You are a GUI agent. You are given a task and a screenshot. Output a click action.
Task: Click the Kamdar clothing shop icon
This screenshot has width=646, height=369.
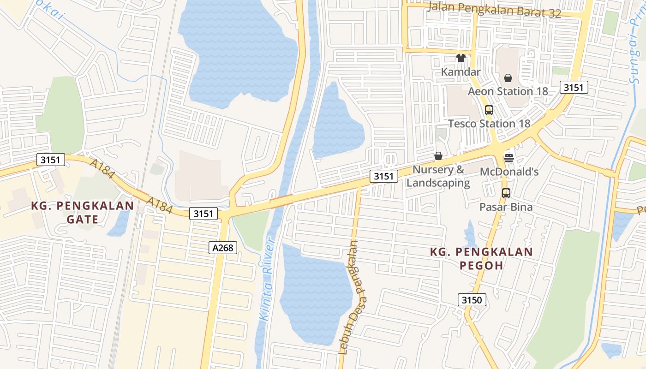[461, 58]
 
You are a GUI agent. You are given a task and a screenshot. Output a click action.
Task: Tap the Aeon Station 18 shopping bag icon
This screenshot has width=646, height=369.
[508, 78]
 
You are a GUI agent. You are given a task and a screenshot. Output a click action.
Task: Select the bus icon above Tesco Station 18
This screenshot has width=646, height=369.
[489, 110]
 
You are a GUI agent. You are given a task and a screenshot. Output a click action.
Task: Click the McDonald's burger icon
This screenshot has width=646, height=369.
[509, 158]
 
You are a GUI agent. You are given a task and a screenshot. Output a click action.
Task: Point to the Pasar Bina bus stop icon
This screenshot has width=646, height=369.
[506, 193]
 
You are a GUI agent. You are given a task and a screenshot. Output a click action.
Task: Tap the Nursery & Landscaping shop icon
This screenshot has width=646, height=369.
[438, 156]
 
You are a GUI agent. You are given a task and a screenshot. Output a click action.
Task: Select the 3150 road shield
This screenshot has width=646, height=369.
[472, 300]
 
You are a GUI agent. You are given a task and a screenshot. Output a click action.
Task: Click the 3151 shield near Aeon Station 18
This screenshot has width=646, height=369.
[574, 87]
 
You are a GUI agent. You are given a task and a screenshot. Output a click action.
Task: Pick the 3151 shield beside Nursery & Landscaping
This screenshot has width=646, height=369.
[383, 176]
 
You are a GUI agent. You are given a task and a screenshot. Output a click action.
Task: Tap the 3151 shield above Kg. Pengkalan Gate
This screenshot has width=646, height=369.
[50, 160]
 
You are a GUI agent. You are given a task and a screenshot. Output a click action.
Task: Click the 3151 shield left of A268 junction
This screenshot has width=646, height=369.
[203, 214]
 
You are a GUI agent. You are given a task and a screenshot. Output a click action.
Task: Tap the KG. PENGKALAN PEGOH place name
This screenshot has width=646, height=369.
[481, 259]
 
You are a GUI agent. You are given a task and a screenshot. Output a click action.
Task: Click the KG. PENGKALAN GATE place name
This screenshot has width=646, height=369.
[82, 212]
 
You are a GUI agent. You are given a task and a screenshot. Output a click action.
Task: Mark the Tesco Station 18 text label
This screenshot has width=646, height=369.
[489, 124]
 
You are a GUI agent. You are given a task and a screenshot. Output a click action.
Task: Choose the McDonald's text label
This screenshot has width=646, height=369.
[509, 172]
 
